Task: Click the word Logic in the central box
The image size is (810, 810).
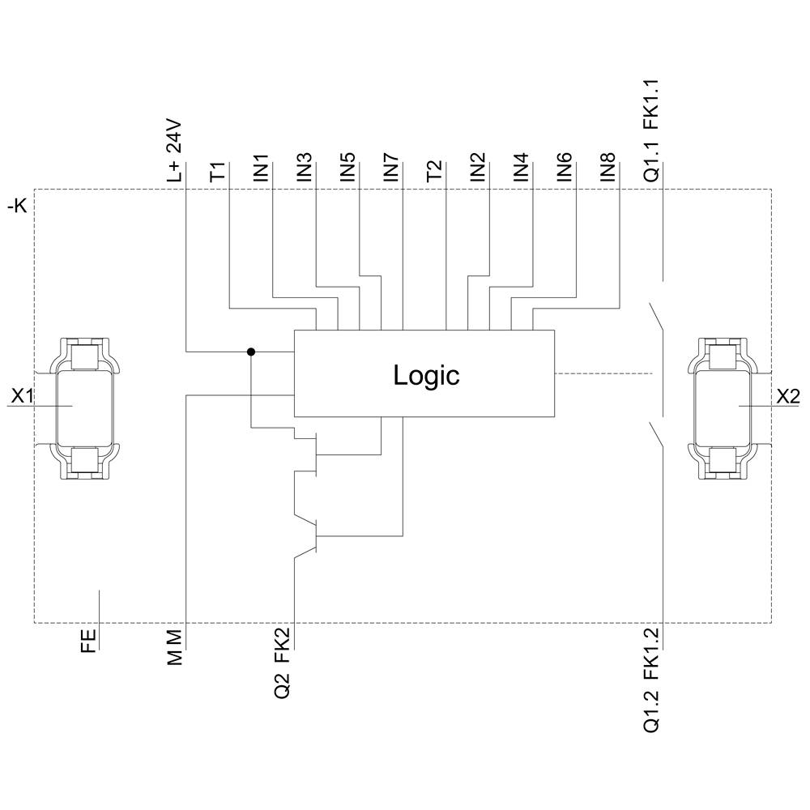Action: pos(426,375)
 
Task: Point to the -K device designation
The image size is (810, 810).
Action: pos(17,207)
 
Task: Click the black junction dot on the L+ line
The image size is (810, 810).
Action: pos(251,352)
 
